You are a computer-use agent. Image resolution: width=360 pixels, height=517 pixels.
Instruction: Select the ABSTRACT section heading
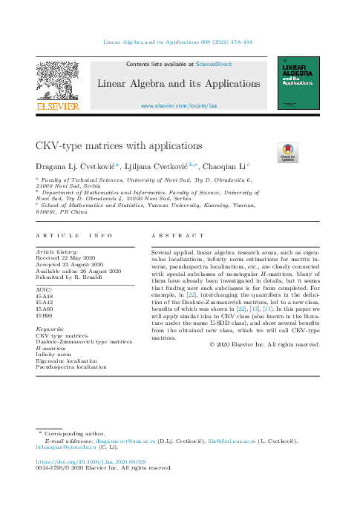point(177,235)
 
